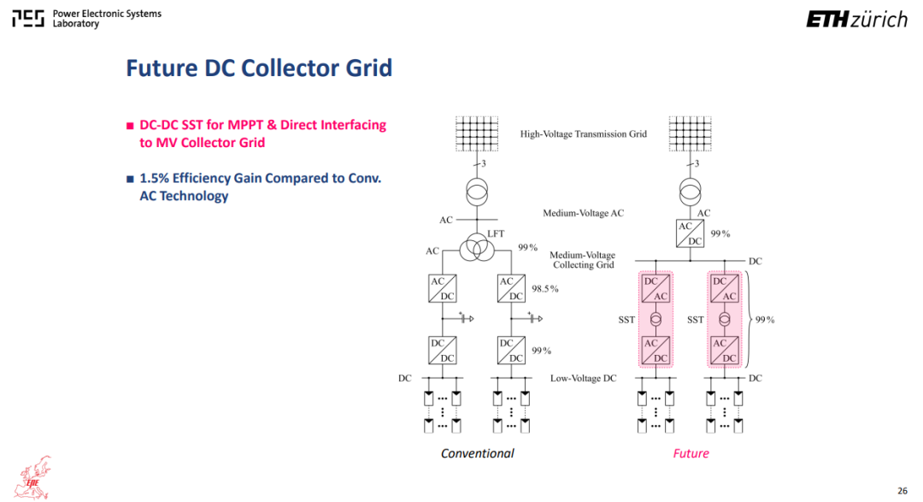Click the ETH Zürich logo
point(856,19)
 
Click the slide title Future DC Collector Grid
point(259,68)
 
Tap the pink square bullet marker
point(130,126)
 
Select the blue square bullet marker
point(130,179)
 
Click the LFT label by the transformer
point(496,234)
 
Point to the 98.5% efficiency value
point(545,289)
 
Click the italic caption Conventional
point(478,453)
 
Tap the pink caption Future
point(691,453)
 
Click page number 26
point(902,490)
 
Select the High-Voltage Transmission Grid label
point(584,133)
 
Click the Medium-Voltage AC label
point(584,213)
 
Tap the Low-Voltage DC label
point(584,378)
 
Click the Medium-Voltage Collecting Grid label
point(583,260)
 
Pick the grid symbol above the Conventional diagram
point(477,133)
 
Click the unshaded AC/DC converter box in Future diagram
point(690,233)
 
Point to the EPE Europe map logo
point(33,478)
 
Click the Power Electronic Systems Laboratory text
point(107,18)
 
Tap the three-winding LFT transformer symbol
point(477,247)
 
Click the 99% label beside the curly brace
point(765,319)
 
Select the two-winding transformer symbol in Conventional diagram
point(477,192)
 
